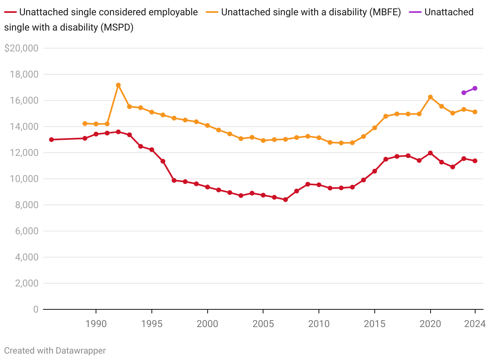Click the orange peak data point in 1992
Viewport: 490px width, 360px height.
(118, 85)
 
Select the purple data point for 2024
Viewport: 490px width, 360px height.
(475, 88)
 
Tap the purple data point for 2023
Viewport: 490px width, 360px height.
(464, 93)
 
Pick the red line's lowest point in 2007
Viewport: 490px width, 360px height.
(286, 200)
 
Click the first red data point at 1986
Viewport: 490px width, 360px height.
(51, 139)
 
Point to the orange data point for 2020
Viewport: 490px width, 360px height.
(430, 97)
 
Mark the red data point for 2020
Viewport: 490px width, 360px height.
(430, 153)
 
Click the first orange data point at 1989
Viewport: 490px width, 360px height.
(85, 124)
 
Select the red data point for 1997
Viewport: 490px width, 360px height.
(174, 180)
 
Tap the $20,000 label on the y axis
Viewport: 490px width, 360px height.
(21, 48)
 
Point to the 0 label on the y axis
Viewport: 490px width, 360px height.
(36, 309)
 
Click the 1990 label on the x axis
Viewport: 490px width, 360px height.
(96, 324)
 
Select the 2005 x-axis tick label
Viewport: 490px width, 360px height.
(263, 324)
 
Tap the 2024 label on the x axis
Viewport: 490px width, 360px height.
(475, 324)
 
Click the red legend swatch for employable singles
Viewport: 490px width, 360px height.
(11, 12)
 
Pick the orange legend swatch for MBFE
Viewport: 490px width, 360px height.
(213, 12)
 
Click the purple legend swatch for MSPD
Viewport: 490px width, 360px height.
(415, 12)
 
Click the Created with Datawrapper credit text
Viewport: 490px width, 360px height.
(55, 351)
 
